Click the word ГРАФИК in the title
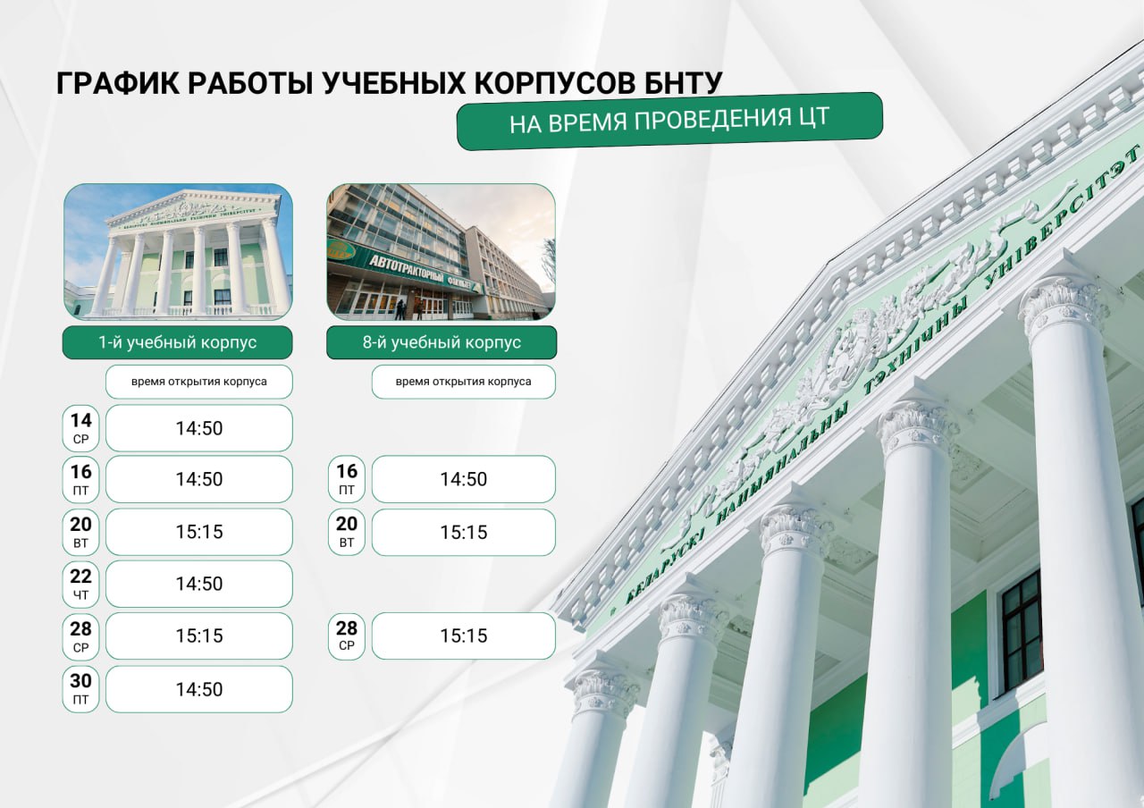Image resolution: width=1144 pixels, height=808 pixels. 118,83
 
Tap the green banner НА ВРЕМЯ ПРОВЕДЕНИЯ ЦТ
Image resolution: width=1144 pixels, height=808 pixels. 669,122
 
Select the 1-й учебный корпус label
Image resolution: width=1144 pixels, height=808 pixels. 177,342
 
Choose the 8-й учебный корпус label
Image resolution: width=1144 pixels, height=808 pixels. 442,342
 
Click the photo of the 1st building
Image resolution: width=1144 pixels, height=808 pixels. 178,252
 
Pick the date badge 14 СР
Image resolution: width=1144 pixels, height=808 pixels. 80,428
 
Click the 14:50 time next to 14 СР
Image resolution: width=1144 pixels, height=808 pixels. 199,428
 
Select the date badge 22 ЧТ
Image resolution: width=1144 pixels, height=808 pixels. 80,584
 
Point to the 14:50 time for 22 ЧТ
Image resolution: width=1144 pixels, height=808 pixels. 199,584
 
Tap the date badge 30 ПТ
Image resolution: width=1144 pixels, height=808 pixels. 80,689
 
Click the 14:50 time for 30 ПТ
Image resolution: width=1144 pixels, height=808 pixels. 199,689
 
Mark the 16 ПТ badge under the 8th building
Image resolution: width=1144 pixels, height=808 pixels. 346,479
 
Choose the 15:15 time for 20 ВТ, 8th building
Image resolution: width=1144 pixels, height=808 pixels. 464,532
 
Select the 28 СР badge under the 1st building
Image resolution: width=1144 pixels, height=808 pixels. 80,636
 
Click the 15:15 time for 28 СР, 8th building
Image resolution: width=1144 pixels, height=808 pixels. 464,635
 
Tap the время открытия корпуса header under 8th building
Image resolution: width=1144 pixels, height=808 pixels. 464,382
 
